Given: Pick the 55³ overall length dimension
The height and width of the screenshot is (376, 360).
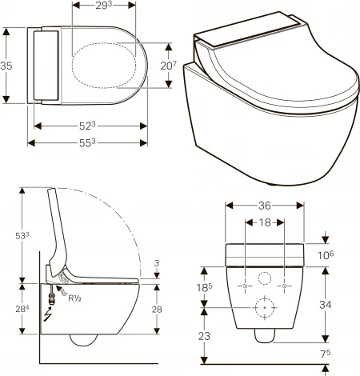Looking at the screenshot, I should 89,142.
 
